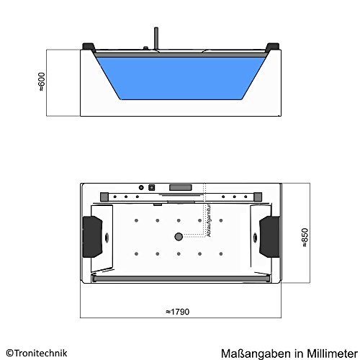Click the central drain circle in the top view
click(x=176, y=236)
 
